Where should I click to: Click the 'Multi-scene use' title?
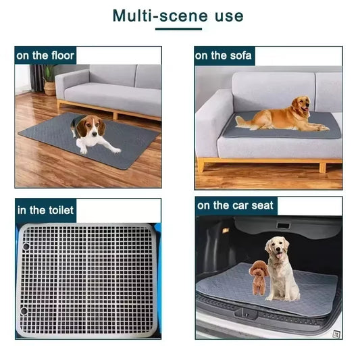(178, 15)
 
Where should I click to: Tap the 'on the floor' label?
(45, 55)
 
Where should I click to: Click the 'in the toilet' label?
(45, 210)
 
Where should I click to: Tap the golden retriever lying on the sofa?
(284, 116)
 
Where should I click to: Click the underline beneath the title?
(178, 29)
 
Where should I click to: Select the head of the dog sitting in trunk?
(277, 247)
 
